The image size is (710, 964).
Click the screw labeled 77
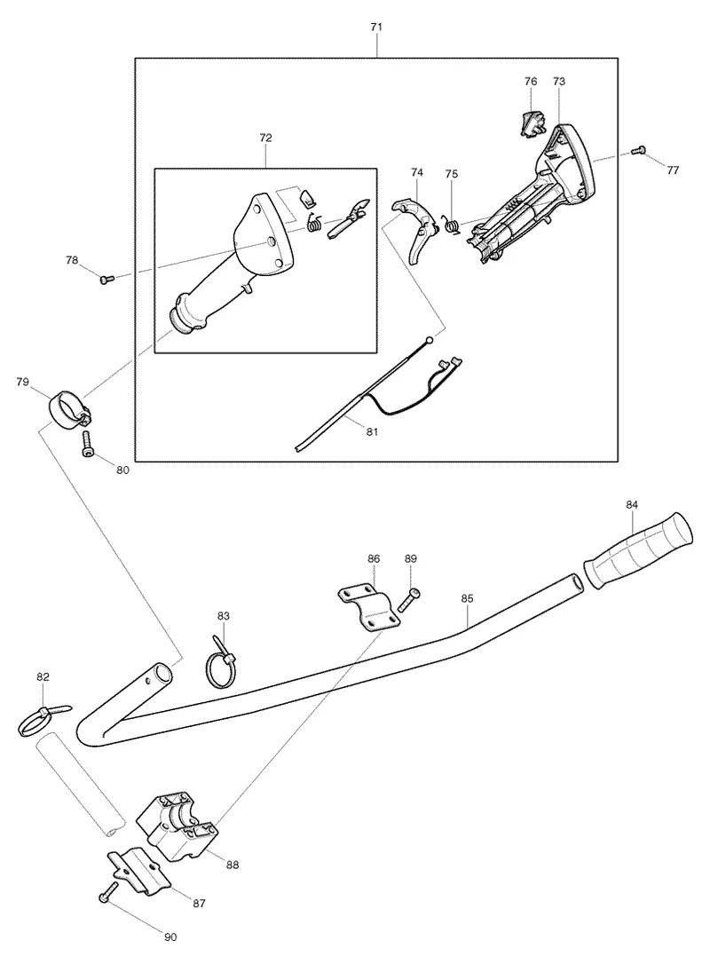(639, 149)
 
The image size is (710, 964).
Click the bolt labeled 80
(86, 444)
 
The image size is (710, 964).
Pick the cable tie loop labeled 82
(43, 720)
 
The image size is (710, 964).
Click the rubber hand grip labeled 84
(637, 549)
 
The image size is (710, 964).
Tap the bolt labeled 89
(410, 599)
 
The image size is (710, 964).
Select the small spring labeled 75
(452, 225)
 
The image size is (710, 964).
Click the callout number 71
(377, 27)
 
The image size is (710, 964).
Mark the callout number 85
(467, 597)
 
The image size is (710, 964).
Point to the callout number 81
(372, 431)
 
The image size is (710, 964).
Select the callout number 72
(265, 138)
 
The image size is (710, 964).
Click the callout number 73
(559, 81)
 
